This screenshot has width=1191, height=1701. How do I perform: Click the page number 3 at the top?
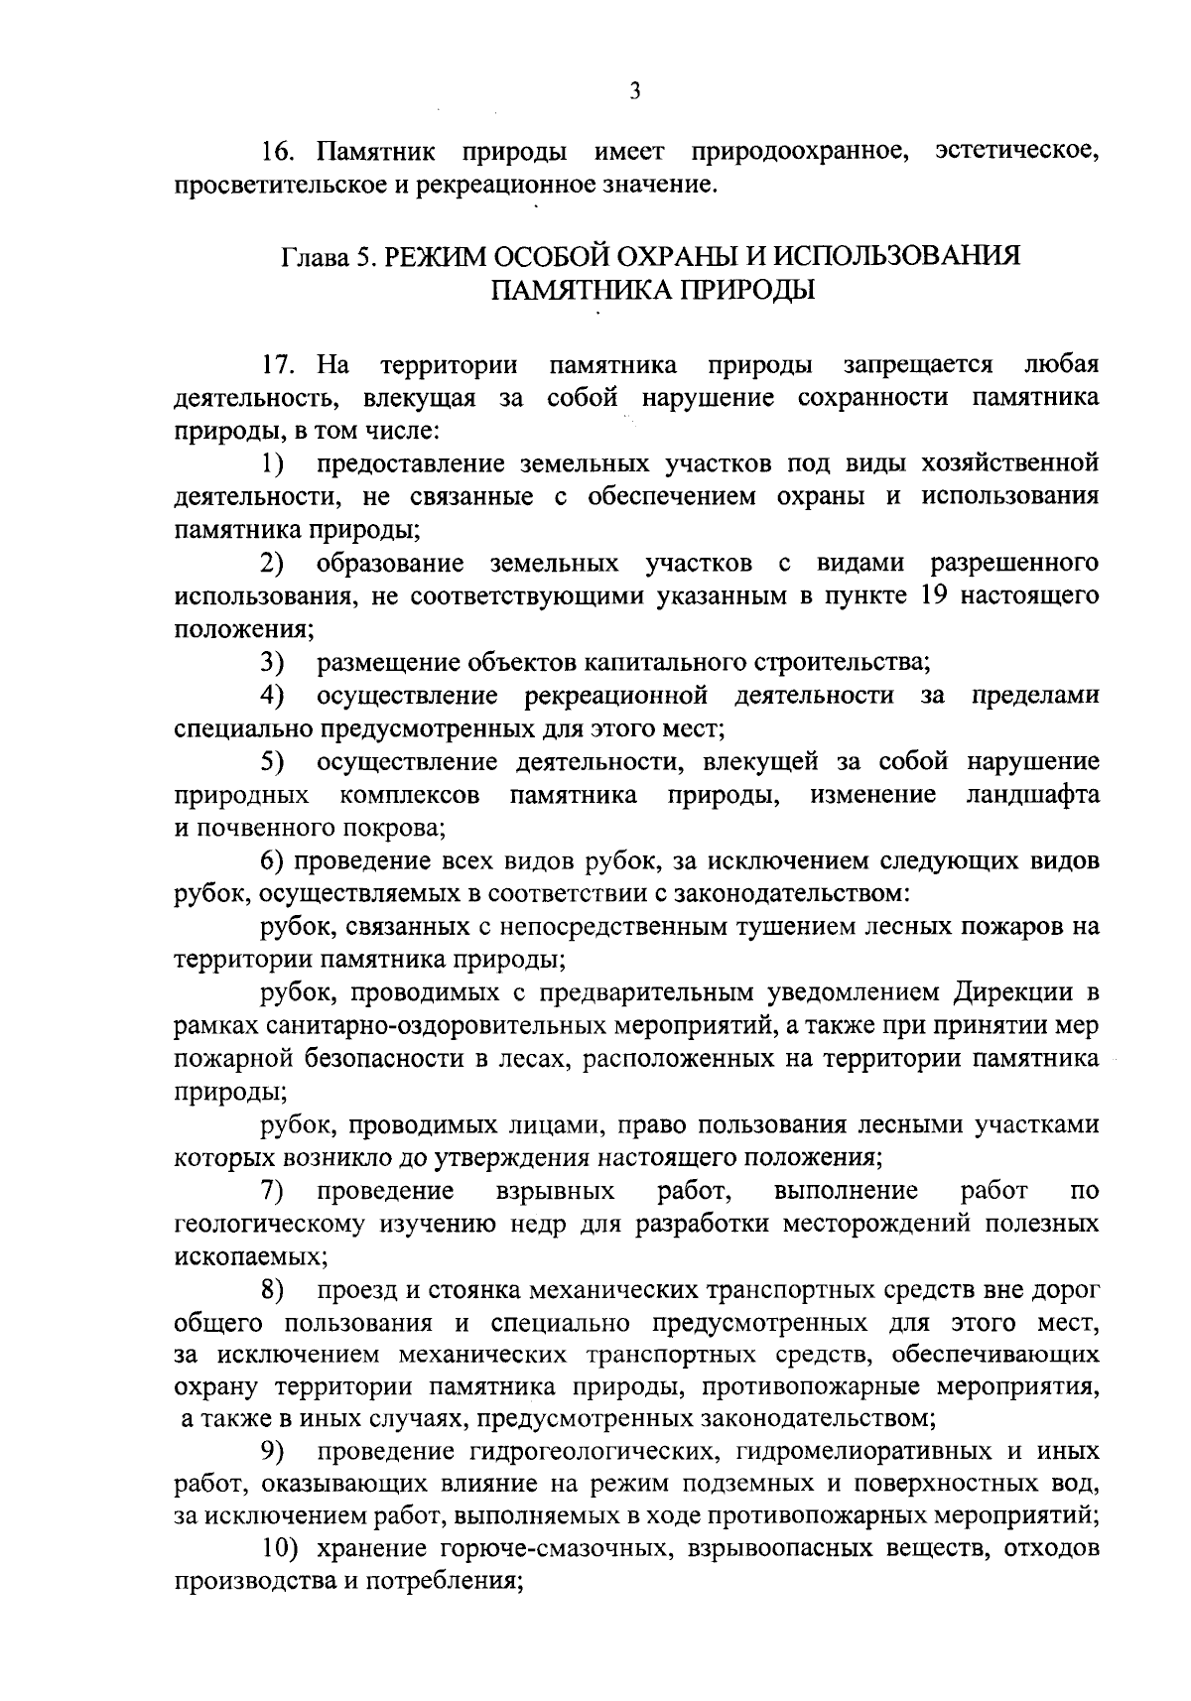tap(635, 91)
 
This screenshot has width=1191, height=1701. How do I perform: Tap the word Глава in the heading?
tap(312, 257)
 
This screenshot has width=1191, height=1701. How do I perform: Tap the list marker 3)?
tap(272, 662)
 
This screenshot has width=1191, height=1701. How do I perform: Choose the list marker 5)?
tap(272, 762)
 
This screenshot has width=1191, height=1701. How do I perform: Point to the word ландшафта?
tap(1032, 795)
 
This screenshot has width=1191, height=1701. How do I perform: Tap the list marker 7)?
tap(272, 1190)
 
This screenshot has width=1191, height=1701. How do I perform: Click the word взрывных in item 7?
tap(554, 1190)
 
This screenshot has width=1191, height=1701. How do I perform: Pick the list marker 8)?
tap(272, 1290)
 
